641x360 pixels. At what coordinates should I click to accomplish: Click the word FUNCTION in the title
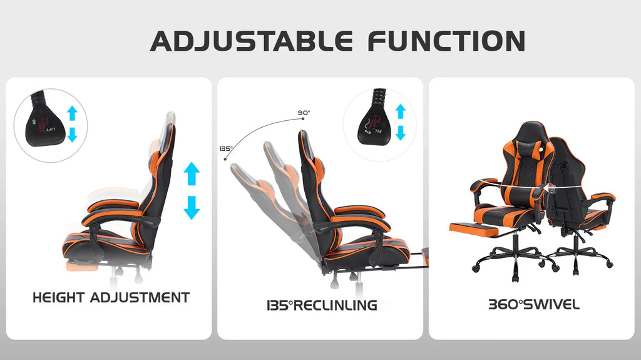point(446,41)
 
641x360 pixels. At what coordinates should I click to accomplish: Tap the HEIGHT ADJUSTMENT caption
point(111,297)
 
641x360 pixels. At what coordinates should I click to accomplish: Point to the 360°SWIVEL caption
point(533,306)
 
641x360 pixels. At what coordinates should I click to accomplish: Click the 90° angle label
point(304,113)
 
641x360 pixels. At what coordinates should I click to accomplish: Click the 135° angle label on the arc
point(225,149)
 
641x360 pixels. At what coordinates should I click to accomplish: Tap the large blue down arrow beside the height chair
point(192,207)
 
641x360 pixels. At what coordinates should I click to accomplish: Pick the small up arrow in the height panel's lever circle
point(72,113)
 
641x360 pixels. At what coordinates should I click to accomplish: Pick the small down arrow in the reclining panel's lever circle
point(401,132)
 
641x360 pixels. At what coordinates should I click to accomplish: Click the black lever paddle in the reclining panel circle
point(374,123)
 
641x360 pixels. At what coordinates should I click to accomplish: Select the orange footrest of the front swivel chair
point(474,228)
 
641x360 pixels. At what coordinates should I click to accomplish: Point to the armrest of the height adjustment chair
point(115,217)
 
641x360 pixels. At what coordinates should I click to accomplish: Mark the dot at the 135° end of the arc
point(225,159)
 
